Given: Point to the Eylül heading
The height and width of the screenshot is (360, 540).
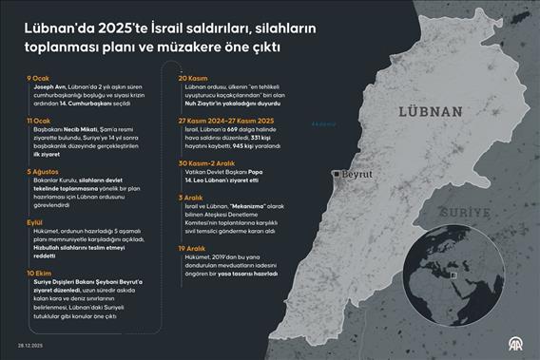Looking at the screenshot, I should click(x=35, y=218).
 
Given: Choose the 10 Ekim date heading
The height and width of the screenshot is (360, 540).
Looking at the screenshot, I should click(x=39, y=272).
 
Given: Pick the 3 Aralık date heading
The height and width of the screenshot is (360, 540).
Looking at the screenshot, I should click(x=194, y=197).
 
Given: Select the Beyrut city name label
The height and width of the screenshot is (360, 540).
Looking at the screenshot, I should click(x=357, y=176).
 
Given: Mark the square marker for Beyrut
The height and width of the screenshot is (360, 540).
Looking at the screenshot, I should click(x=337, y=175).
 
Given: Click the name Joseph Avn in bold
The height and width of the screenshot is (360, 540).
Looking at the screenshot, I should click(x=46, y=85).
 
